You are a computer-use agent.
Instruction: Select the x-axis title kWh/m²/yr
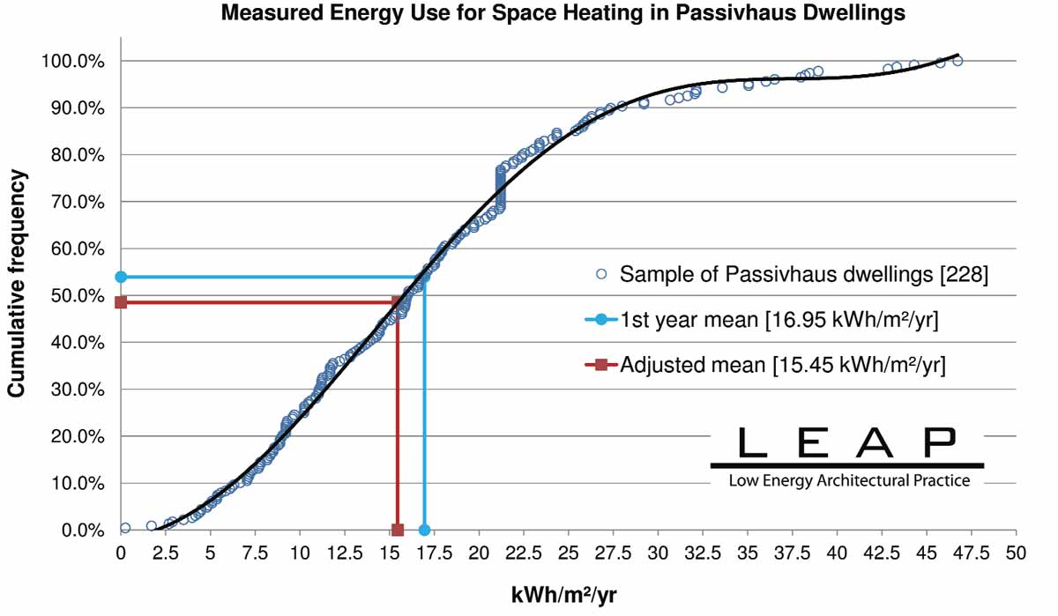tap(564, 595)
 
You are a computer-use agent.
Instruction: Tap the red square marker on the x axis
tap(397, 530)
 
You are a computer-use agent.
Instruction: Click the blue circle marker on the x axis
tap(424, 530)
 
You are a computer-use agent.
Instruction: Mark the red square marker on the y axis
tap(122, 302)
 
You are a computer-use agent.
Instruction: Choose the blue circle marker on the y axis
tap(122, 277)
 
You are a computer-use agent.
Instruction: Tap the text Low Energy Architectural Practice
tap(848, 481)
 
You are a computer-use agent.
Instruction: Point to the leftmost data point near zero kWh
tap(125, 528)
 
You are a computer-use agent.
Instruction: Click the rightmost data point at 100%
tap(957, 61)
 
